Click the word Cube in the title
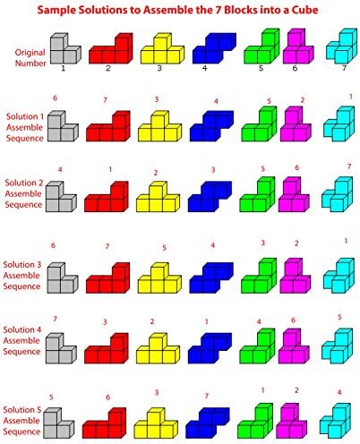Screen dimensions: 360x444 tap(304, 10)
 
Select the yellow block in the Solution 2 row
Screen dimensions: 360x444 tap(158, 196)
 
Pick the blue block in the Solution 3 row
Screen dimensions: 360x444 tap(211, 277)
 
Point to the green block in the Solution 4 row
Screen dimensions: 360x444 tap(257, 346)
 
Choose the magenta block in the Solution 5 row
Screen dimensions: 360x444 tap(291, 421)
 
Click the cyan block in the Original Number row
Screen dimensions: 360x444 tap(342, 46)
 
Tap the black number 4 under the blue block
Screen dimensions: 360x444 tap(204, 68)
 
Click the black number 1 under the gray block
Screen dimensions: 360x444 tap(63, 68)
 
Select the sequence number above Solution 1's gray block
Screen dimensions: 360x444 tap(55, 98)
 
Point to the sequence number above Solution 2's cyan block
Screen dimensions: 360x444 tap(349, 166)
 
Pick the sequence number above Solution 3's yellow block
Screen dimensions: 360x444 tap(164, 248)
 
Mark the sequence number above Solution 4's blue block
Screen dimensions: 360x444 tap(207, 321)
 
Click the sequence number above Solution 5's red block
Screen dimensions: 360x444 tap(108, 397)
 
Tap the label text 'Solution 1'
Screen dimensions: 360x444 tap(25, 116)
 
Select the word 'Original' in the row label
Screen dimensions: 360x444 tap(30, 53)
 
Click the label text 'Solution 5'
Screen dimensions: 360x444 tap(22, 410)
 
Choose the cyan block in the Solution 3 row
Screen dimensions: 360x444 tap(339, 275)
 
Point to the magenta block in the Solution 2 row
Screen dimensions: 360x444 tap(294, 194)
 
